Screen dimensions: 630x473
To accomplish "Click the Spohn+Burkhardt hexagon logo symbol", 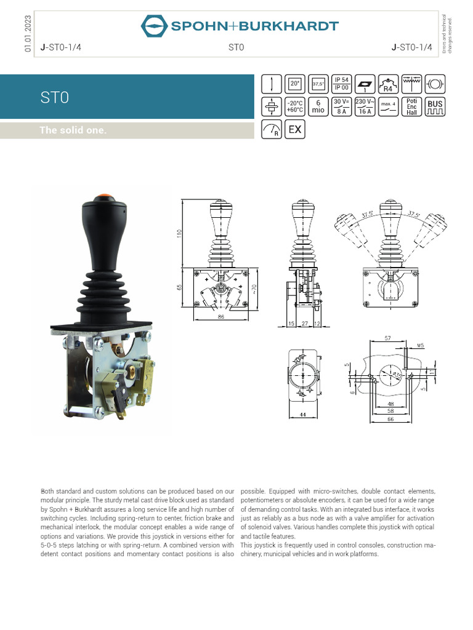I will pos(154,26).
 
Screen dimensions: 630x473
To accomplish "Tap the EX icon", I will pos(295,129).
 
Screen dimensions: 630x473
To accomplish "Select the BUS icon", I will pos(435,106).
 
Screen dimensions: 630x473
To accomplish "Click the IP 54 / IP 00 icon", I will pos(341,84).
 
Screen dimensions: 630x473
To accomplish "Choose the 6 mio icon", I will pos(318,106).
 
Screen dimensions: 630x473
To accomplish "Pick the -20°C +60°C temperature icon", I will pos(295,106).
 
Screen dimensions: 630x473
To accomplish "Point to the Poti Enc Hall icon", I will pos(411,106).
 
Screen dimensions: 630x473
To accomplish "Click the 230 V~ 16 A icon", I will pos(365,106).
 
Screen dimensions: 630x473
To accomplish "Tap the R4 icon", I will pos(388,84).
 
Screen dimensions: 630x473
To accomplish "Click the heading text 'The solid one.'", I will pos(73,130).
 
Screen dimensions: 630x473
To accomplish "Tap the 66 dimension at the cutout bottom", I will pos(389,418).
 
